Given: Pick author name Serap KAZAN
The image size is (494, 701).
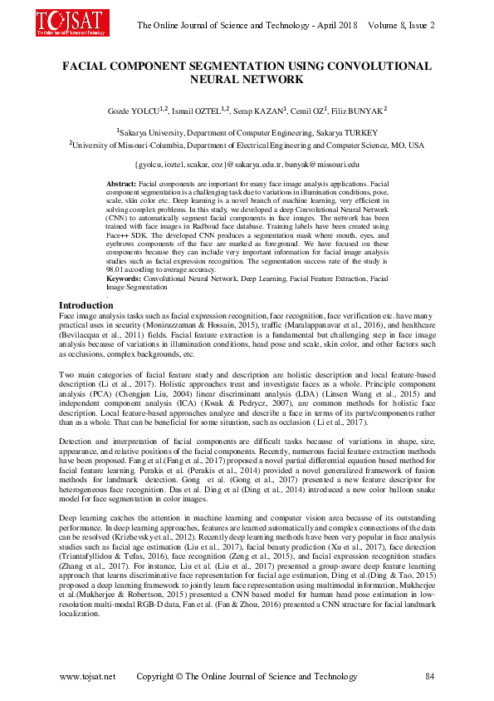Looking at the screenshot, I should click(252, 110).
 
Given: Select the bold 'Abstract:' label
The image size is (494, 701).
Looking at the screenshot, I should click(122, 182).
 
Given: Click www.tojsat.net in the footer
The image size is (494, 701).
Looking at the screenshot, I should click(88, 676).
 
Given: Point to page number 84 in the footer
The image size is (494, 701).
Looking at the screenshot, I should click(428, 676).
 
